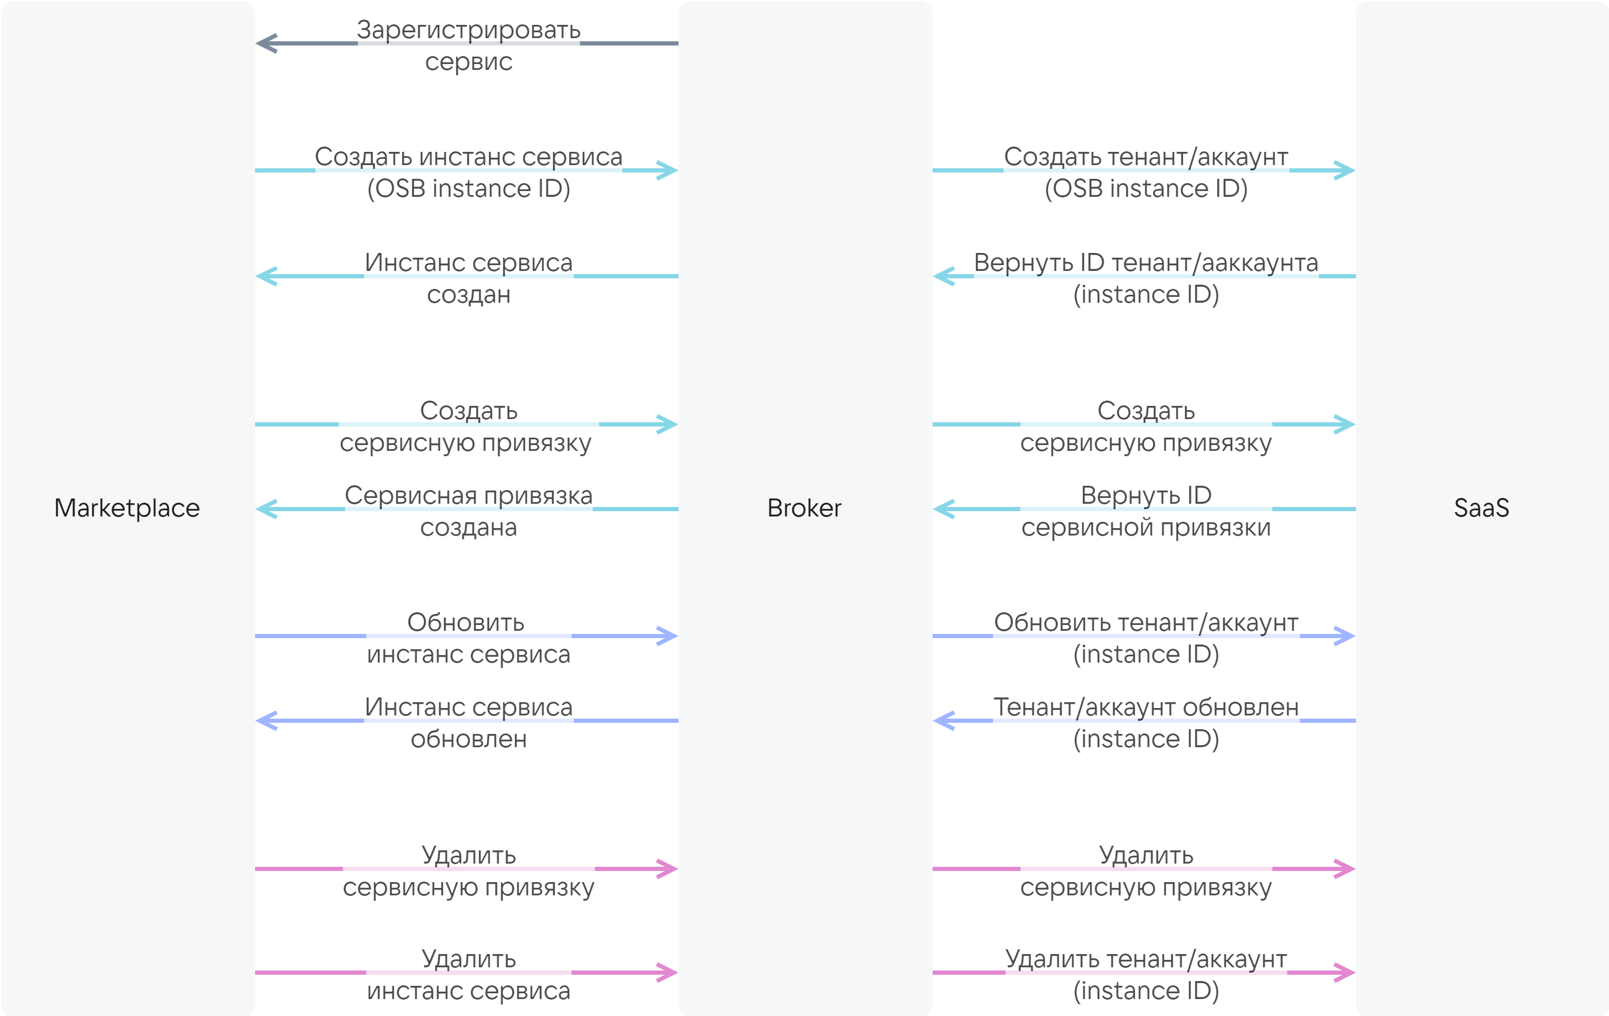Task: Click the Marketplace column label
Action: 127,509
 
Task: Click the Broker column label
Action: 804,509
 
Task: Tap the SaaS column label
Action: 1481,509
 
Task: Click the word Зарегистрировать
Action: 468,31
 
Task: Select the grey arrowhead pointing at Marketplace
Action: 267,43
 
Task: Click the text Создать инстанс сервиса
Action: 468,157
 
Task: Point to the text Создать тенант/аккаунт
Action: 1146,157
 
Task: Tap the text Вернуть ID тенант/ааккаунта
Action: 1146,263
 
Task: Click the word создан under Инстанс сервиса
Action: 468,295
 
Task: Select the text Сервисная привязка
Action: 468,496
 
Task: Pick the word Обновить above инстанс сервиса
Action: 466,622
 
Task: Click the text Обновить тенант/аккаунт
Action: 1146,622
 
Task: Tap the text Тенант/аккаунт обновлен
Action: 1146,707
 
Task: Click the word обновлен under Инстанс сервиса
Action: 468,739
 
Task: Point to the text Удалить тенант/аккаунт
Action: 1146,959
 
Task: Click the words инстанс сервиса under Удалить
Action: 468,991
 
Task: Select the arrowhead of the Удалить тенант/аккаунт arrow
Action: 1344,973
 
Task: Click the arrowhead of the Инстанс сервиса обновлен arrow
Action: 267,721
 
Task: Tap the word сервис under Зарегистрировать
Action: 468,62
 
